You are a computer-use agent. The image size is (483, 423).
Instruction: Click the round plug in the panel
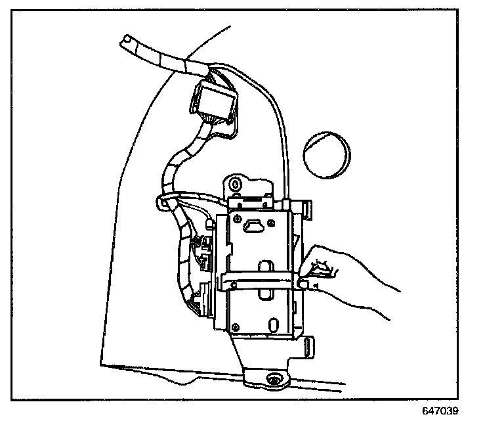coord(326,155)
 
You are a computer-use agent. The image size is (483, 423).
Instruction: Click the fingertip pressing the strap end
coord(303,283)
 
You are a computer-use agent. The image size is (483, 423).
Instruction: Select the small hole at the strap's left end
coord(226,284)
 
